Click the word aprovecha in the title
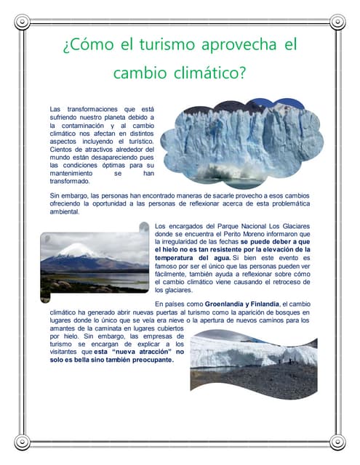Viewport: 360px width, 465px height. [x=232, y=45]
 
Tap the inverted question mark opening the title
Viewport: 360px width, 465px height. [x=66, y=46]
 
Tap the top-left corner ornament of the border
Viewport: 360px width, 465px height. [x=23, y=22]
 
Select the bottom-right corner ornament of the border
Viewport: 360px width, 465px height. [x=337, y=442]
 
